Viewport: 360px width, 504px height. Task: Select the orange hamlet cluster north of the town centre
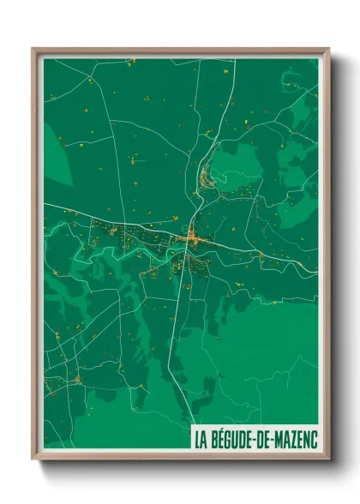tap(207, 179)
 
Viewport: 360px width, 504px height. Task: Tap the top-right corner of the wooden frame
tap(327, 50)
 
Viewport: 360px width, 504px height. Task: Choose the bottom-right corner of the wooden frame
tap(327, 459)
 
